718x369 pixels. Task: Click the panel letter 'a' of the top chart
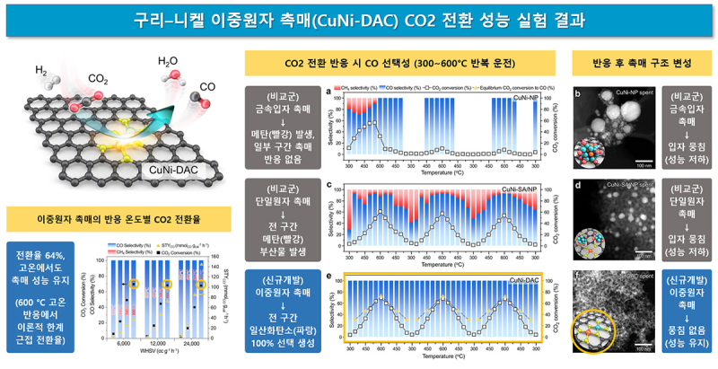click(332, 90)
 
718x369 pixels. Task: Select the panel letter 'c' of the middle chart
click(332, 184)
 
